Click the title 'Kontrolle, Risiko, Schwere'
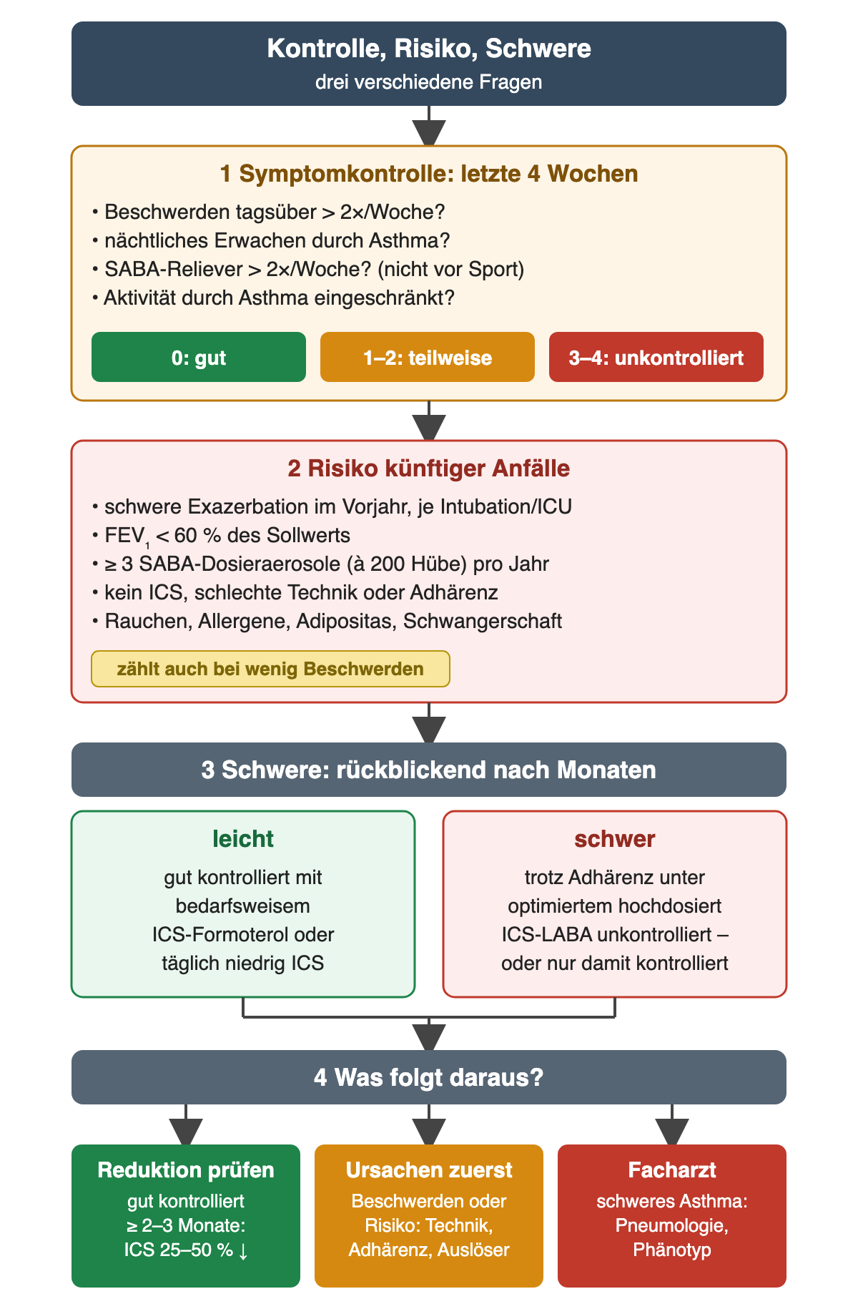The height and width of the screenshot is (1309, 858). [429, 49]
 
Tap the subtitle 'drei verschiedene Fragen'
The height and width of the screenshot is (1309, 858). [429, 82]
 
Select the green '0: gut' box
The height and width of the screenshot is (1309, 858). [199, 357]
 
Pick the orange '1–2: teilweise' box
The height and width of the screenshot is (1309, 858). [428, 357]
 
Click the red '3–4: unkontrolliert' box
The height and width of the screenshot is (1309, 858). [656, 357]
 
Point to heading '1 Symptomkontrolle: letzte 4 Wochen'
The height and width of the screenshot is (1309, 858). [429, 174]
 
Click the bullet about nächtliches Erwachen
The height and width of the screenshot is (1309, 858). [271, 241]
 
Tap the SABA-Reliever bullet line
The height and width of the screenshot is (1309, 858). [308, 270]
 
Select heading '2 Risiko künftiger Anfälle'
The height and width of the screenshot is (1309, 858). [429, 469]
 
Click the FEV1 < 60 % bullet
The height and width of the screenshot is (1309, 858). [221, 536]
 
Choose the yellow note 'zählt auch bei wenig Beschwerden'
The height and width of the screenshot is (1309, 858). [270, 669]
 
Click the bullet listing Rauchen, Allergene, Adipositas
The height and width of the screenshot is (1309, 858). [327, 621]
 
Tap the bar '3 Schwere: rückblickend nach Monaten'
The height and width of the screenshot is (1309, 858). [429, 770]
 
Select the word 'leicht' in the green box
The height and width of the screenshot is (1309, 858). [243, 839]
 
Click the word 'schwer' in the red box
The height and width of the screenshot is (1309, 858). [615, 839]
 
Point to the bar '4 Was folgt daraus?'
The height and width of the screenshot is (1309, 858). [429, 1077]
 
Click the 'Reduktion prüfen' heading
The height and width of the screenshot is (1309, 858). [186, 1170]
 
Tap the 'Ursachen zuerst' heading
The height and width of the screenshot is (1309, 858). [429, 1170]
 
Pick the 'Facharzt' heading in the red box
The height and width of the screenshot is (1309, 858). [672, 1170]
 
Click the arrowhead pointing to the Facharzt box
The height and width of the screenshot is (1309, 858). [672, 1132]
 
